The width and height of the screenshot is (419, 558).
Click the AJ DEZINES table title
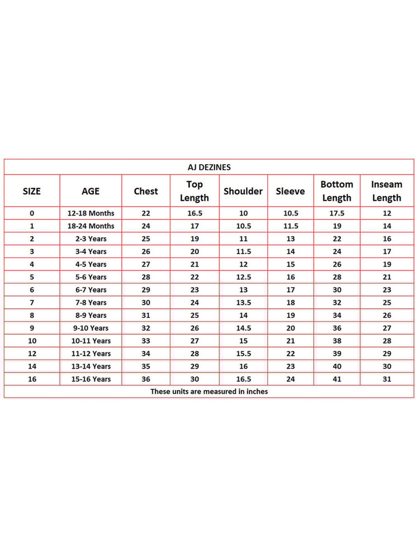coord(209,167)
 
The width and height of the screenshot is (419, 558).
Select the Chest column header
coord(146,191)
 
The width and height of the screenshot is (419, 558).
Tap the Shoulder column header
coord(243,191)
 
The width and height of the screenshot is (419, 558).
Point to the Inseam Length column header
coord(387,191)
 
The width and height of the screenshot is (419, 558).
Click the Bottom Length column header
coord(337,191)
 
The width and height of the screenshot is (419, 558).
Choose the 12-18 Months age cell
coord(91,213)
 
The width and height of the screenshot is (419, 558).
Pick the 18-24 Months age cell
coord(91,226)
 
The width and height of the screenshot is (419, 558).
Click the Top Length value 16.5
coord(195,213)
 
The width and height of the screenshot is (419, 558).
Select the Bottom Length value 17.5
coord(337,213)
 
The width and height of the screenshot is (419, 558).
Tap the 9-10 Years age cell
coord(91,328)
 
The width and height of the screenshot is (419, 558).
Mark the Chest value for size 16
coord(146,379)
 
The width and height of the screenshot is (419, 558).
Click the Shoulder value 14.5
coord(243,328)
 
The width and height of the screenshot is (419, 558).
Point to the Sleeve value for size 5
coord(291,277)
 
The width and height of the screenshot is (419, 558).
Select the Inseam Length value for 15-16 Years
coord(387,379)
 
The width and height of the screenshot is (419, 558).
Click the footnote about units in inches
coord(209,391)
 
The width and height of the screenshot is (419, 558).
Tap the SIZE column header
coord(32,191)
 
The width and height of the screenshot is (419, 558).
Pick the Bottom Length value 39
coord(337,353)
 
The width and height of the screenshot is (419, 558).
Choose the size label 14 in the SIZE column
coord(32,366)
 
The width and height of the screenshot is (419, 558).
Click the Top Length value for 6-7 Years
coord(195,290)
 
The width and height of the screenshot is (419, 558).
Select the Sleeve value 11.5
coord(291,226)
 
